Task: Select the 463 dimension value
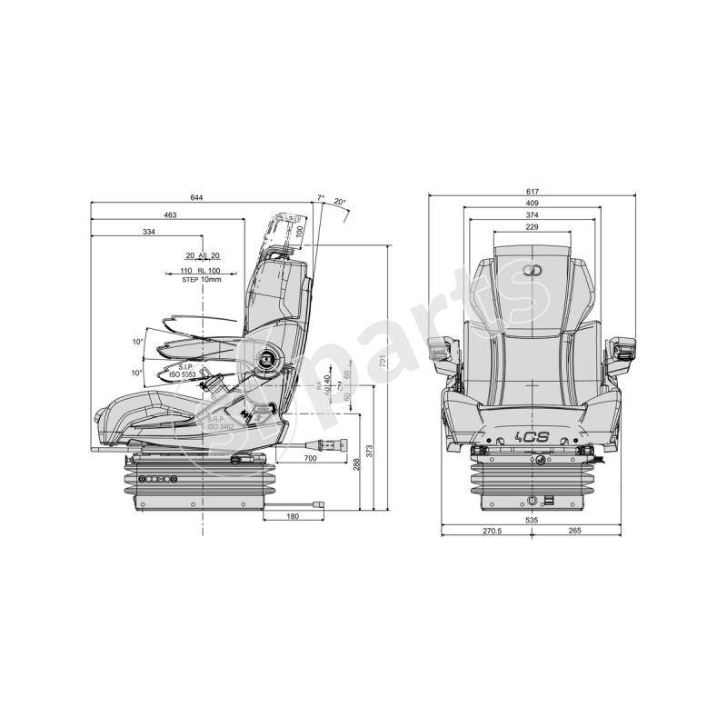coord(170,215)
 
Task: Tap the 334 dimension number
coord(148,234)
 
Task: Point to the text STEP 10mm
coord(202,279)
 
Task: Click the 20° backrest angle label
coord(339,201)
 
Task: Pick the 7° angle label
coord(320,197)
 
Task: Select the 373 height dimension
coord(369,449)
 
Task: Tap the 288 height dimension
coord(356,463)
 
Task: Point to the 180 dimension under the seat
coord(293,516)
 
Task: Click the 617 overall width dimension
coord(532,192)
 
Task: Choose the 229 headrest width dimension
coord(532,227)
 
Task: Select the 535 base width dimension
coord(532,521)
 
